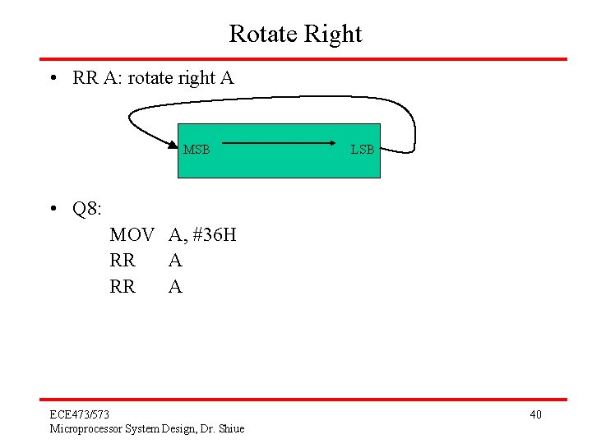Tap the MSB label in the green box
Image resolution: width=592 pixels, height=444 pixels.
197,150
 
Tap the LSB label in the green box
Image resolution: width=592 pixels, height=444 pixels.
363,150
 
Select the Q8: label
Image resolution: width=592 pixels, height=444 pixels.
87,209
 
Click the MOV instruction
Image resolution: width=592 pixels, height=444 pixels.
132,235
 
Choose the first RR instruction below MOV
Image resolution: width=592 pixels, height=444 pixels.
123,261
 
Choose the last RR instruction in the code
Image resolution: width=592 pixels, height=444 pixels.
123,287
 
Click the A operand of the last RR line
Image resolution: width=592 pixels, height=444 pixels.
175,287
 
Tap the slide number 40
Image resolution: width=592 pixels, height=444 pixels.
535,414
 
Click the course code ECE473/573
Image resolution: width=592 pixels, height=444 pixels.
79,414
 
